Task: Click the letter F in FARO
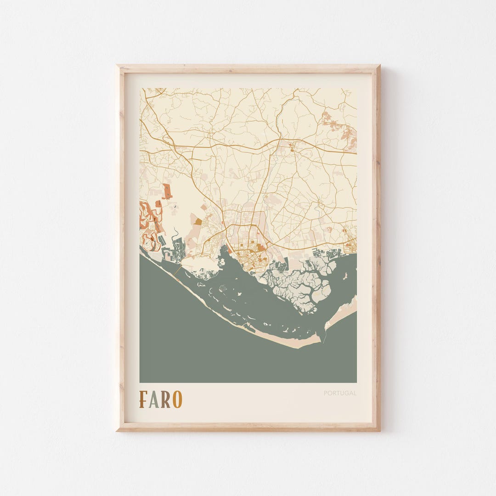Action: [x=143, y=399]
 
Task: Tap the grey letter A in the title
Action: [x=154, y=399]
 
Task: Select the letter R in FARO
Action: [x=165, y=399]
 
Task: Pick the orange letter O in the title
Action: [x=177, y=399]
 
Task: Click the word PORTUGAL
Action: [x=340, y=393]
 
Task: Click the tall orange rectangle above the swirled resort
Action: [x=167, y=191]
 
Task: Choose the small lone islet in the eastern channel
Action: [x=345, y=276]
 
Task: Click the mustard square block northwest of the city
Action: [x=198, y=221]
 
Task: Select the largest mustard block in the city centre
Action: [x=261, y=248]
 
